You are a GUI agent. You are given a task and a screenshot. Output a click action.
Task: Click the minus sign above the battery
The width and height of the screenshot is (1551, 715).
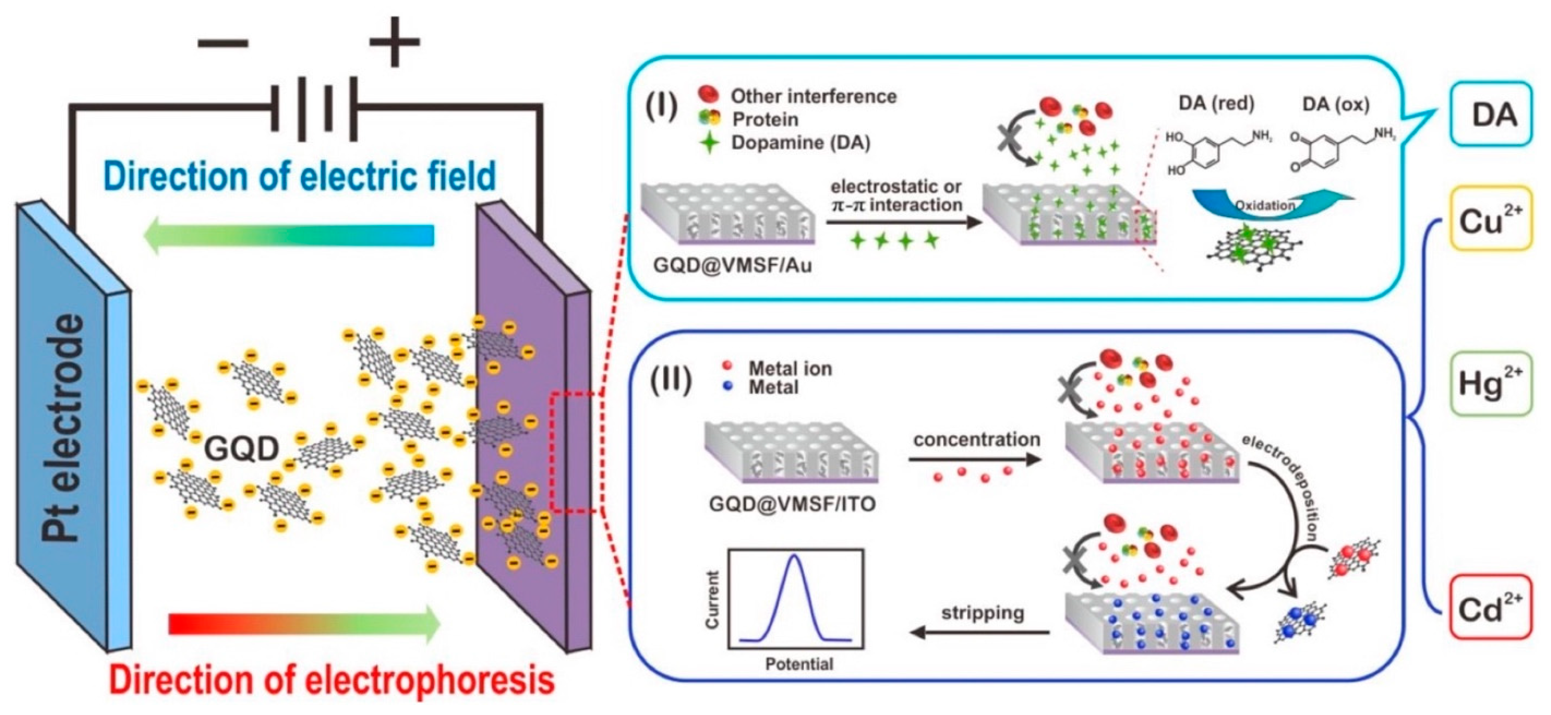223,42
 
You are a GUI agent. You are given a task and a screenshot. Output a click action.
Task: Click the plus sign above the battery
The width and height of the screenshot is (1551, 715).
395,42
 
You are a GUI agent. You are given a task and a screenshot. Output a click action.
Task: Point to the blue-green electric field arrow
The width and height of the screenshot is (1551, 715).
289,235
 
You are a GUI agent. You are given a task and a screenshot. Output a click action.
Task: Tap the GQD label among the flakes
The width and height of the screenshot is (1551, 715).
242,449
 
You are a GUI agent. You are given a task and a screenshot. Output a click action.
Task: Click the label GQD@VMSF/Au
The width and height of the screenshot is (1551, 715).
732,265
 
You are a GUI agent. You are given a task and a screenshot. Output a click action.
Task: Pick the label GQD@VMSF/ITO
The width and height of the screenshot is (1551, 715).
792,504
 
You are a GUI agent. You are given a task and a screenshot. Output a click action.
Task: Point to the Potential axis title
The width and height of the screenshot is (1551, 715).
799,664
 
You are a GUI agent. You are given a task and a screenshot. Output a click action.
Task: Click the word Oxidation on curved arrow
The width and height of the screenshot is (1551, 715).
1264,205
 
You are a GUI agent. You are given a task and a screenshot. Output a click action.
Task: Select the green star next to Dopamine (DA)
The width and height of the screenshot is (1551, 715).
710,143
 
